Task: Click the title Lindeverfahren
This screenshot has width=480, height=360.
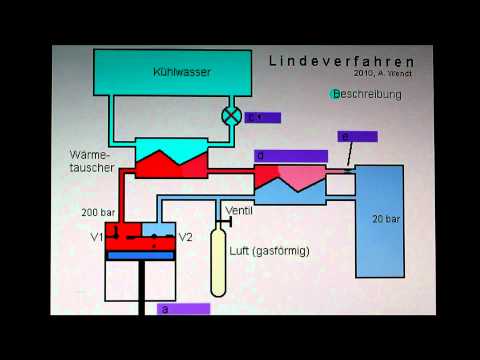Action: (x=341, y=60)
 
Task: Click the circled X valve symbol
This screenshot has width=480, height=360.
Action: (x=231, y=116)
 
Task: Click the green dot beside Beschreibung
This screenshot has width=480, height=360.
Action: (x=335, y=94)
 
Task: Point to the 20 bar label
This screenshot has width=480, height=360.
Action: (x=386, y=218)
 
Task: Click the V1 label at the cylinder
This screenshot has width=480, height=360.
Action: (x=96, y=237)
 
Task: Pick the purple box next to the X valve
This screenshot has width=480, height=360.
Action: (x=263, y=117)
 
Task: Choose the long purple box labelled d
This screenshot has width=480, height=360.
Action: (x=290, y=156)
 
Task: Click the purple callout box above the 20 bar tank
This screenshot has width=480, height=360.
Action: (x=357, y=136)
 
